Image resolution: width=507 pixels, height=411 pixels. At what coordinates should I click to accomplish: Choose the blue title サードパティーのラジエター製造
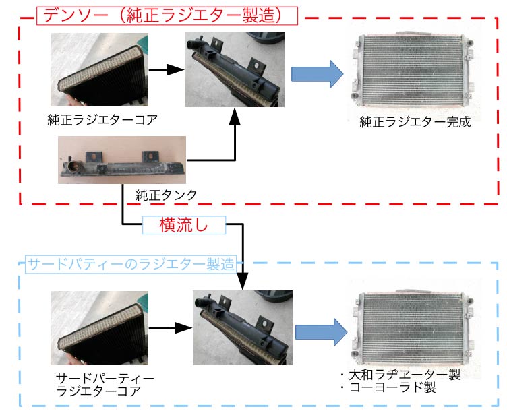click(x=132, y=263)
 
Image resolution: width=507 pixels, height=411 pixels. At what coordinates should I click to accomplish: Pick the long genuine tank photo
click(x=122, y=160)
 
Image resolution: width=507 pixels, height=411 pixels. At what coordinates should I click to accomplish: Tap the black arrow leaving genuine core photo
click(x=166, y=69)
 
